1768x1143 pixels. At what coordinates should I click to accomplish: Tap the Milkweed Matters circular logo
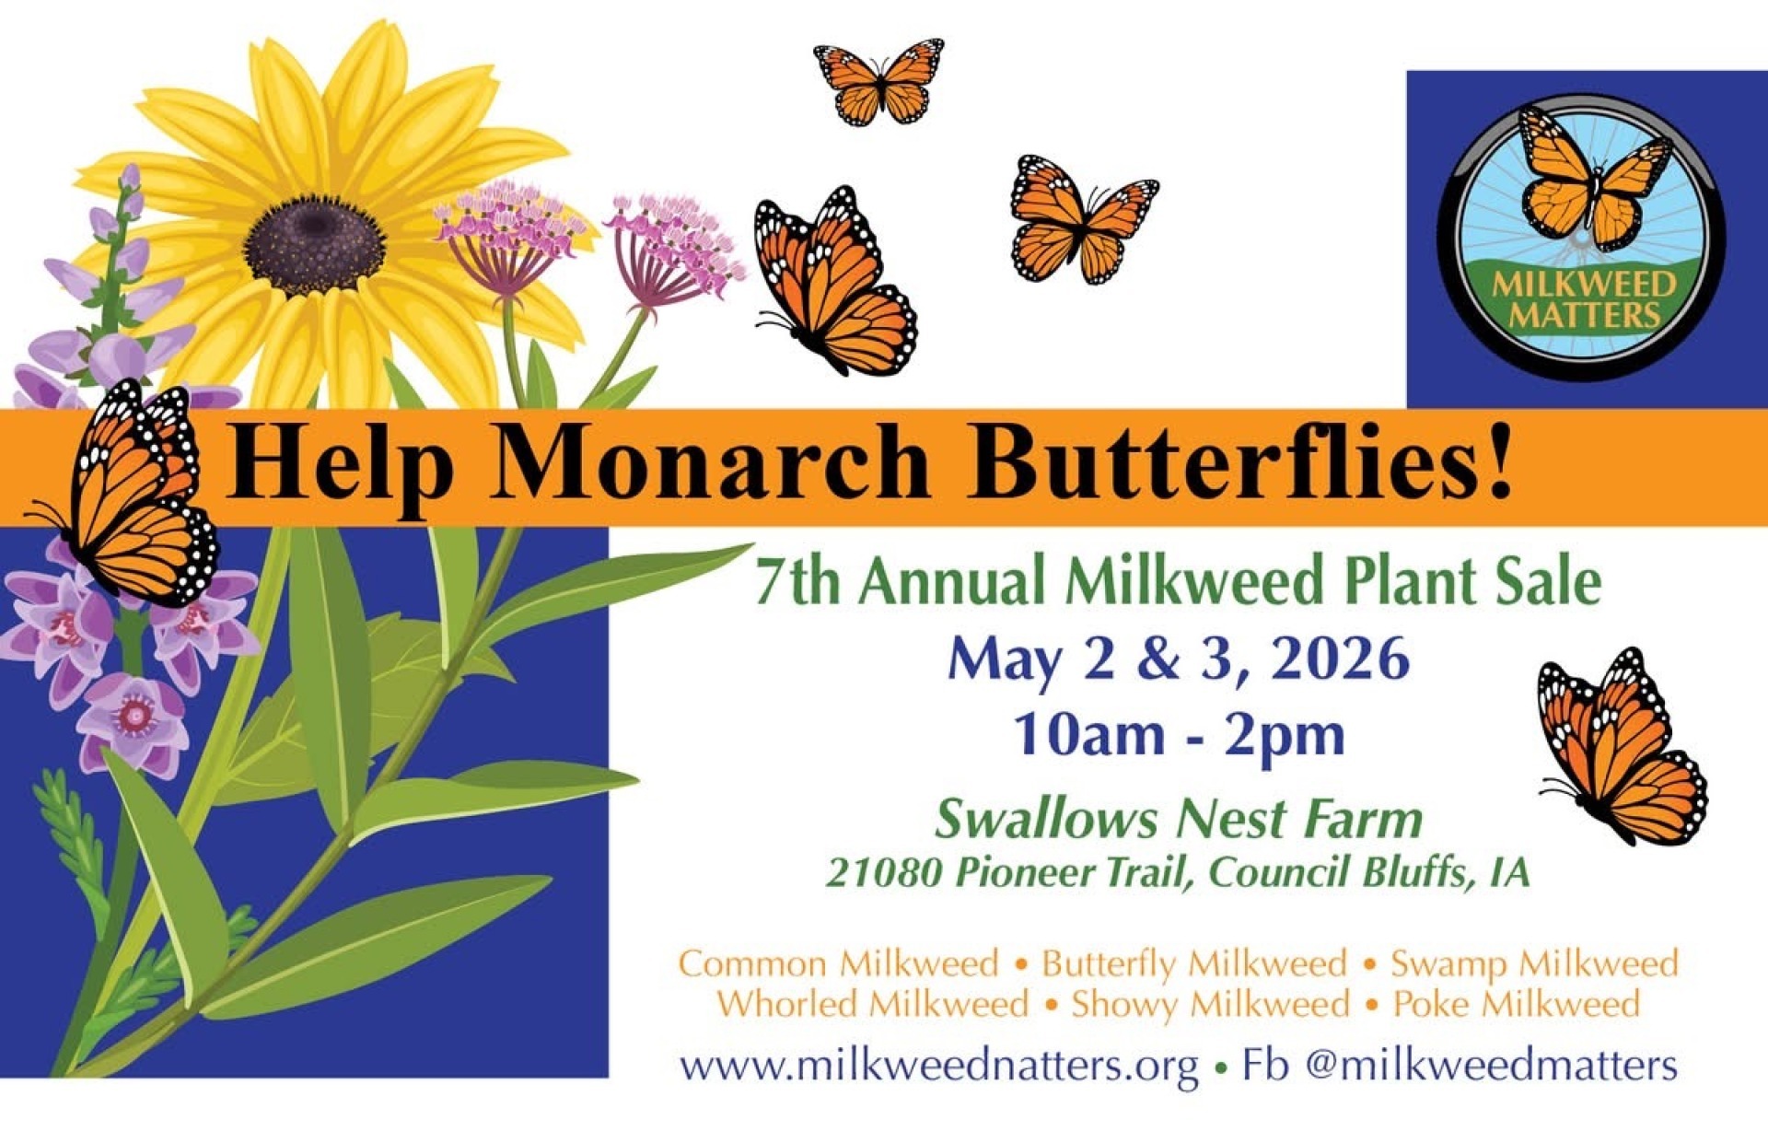tap(1582, 237)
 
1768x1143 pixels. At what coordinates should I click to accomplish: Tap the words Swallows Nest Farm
tap(1179, 819)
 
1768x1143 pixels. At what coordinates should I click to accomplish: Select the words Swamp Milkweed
tap(1534, 964)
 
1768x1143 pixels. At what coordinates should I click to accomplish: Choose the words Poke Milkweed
tap(1517, 1004)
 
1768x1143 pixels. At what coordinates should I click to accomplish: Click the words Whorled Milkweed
tap(873, 1004)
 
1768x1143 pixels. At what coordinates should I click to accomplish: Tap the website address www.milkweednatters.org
tap(939, 1067)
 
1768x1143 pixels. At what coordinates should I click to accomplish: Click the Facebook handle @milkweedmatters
tap(1492, 1066)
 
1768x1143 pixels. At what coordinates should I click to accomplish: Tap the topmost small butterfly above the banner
tap(879, 81)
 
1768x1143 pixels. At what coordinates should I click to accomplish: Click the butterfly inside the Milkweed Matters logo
tap(1593, 180)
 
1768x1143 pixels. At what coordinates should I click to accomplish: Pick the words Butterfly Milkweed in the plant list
tap(1194, 964)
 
